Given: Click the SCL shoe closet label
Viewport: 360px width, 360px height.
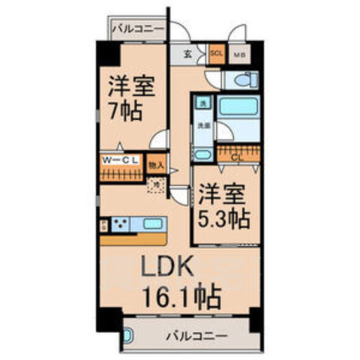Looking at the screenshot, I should coord(217,54).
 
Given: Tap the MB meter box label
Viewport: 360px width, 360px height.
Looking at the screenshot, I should coord(239,55).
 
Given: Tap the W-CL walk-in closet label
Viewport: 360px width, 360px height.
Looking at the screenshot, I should coord(119,159).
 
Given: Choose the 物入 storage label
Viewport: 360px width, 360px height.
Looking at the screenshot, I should coord(156,161).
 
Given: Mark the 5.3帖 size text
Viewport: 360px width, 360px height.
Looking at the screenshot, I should coord(223,219).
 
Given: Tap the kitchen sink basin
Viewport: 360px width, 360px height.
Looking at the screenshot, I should coord(152,223).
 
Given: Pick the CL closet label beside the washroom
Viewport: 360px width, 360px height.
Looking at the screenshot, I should coord(237,157).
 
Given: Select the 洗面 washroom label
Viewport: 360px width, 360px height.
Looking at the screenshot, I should coord(202,127).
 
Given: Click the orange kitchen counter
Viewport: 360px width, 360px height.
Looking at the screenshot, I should coord(133,239).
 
